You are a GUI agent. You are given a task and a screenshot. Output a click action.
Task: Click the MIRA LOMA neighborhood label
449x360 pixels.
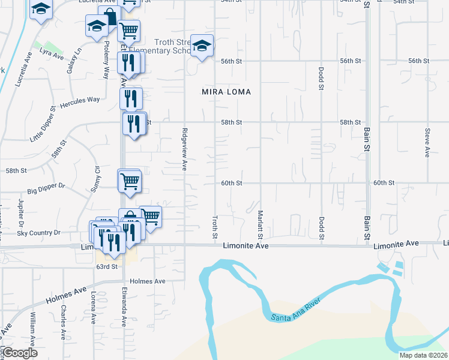(x=226, y=92)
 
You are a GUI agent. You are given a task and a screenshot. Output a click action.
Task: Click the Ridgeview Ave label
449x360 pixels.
(x=184, y=149)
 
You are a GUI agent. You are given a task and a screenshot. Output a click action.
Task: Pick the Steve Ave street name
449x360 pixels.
(x=427, y=143)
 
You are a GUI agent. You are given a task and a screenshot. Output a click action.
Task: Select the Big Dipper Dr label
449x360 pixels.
(x=45, y=187)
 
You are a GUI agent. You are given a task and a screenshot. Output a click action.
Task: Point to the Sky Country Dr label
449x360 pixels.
(x=39, y=233)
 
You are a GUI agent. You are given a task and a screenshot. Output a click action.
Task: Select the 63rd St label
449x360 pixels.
(x=106, y=266)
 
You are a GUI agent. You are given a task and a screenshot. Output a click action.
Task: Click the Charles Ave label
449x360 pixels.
(x=62, y=315)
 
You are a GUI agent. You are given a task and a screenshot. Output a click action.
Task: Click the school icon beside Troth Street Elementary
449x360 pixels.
(x=202, y=46)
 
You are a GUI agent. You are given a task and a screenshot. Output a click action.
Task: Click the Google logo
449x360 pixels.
(x=20, y=353)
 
